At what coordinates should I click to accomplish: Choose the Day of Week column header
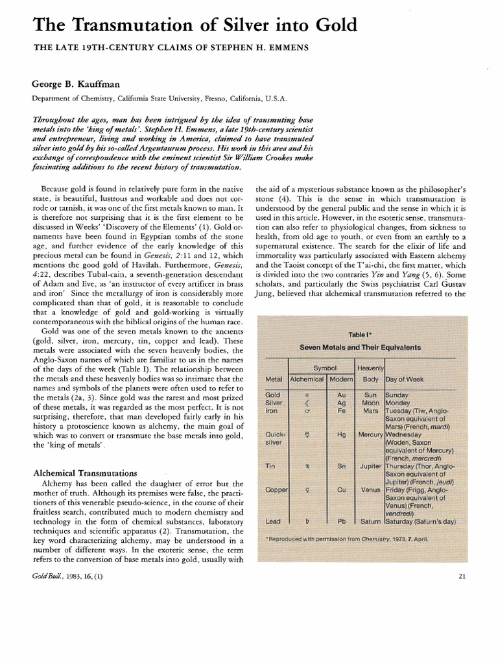click(405, 378)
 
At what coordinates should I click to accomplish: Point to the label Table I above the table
click(358, 335)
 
